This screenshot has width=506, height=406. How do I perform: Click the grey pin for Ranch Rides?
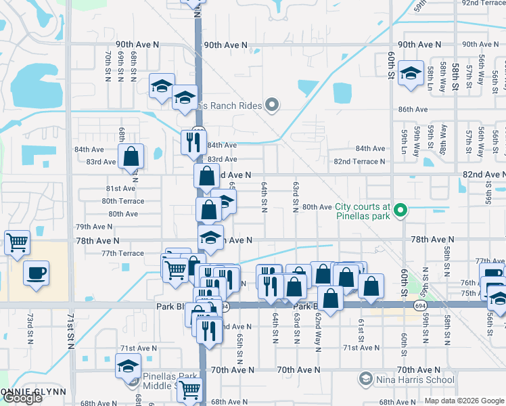click(x=272, y=105)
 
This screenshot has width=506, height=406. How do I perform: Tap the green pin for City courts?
click(x=400, y=211)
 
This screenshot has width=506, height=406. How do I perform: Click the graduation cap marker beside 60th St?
click(x=410, y=74)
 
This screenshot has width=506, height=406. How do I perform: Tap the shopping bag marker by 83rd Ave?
click(x=131, y=156)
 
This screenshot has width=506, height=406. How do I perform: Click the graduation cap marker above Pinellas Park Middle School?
click(x=128, y=366)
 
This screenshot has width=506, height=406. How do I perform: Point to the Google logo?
click(x=22, y=399)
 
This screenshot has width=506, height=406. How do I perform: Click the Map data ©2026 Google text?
click(x=464, y=401)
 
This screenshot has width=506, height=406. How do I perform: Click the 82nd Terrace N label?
click(x=359, y=162)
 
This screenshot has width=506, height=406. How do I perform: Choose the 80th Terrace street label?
click(x=122, y=201)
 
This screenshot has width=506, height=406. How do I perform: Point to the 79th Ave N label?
click(x=94, y=227)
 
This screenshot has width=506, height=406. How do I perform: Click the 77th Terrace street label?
click(x=122, y=253)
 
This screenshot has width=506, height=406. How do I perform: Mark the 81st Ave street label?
click(x=120, y=188)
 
